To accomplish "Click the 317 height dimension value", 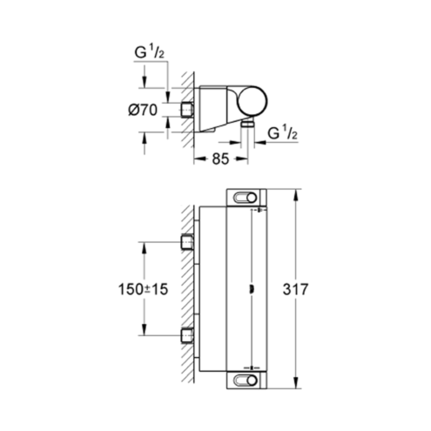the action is point(295,289).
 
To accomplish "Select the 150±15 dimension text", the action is point(144,289).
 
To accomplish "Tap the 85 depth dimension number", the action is point(220,158).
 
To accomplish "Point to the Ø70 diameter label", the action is point(143,111).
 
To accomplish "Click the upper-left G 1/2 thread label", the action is point(150,52).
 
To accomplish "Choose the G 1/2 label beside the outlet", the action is point(283,133).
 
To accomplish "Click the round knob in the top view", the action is point(253,102).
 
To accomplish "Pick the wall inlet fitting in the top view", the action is point(187,111).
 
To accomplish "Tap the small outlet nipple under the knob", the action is point(247,125).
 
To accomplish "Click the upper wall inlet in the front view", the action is point(187,242).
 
